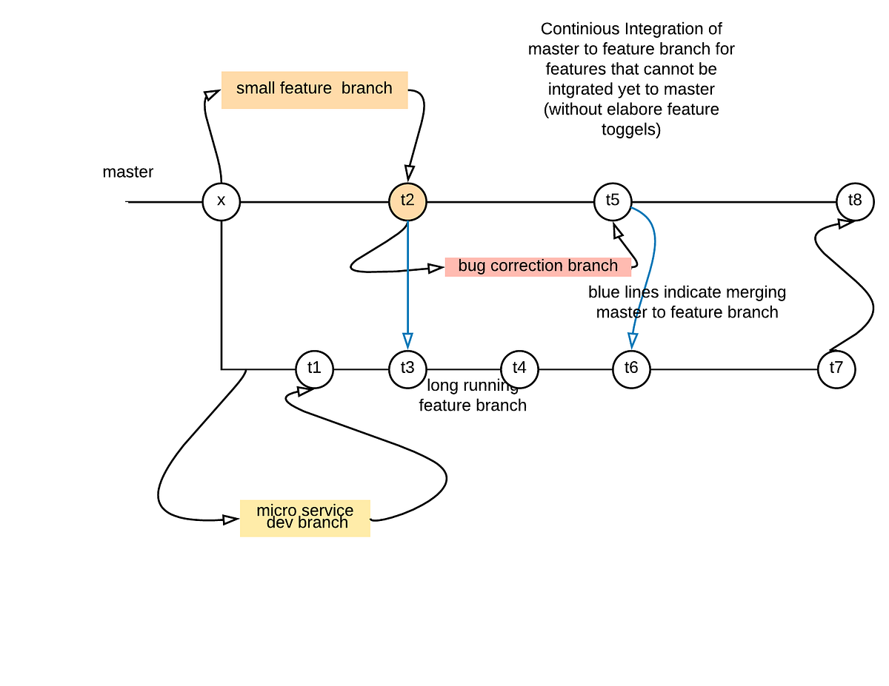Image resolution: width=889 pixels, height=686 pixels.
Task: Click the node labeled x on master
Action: coord(222,201)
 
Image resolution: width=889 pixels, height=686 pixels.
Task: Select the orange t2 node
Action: coord(407,201)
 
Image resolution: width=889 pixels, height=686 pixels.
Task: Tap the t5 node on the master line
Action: coord(613,201)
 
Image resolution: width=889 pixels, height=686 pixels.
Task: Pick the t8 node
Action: coord(855,201)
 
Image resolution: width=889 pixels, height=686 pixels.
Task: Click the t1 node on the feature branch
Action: coord(314,369)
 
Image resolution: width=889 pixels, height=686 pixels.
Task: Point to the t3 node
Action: coord(407,369)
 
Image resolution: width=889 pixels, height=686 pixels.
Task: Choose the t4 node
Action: coord(519,369)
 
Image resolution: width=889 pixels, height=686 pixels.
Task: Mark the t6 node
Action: coord(631,369)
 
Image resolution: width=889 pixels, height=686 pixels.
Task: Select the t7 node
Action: coord(836,369)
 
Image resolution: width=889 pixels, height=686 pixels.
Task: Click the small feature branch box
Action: coord(314,90)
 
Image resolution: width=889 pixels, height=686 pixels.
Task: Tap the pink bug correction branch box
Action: coord(538,266)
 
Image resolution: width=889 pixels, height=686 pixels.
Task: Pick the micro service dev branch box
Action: coord(305,517)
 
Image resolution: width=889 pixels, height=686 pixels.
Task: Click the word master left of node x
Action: coord(128,172)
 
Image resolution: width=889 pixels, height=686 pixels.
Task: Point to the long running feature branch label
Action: coord(473,396)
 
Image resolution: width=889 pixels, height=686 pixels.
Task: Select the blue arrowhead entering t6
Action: coord(632,340)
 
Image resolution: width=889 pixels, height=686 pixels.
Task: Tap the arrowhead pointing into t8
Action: coord(844,223)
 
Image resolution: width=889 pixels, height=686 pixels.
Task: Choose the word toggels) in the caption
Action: coord(631,130)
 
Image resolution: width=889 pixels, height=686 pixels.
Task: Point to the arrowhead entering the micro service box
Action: coord(230,519)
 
